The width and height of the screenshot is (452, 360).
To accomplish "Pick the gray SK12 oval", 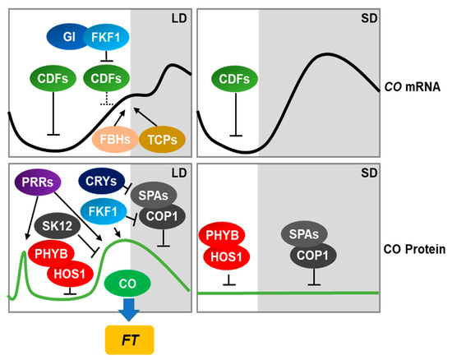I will (x=59, y=223).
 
